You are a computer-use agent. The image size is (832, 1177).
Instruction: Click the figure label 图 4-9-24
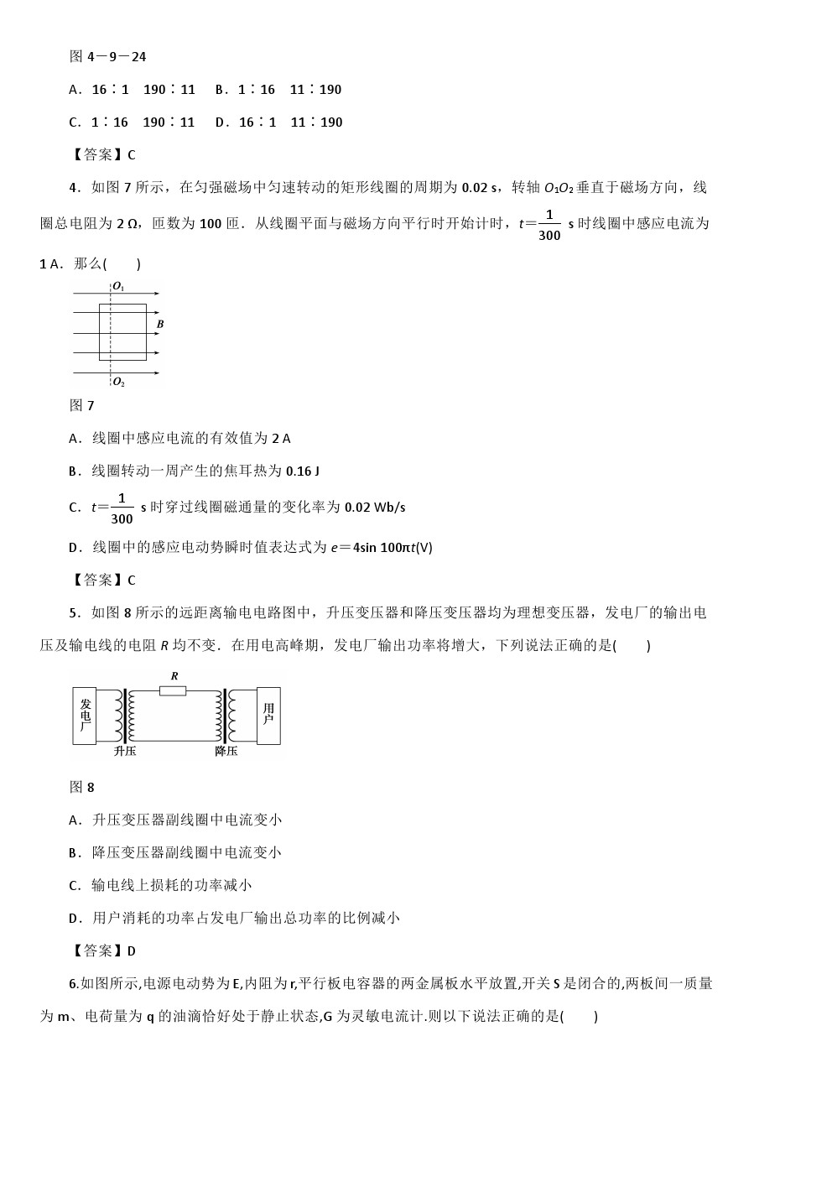click(108, 57)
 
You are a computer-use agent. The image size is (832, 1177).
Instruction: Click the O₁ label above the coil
click(118, 287)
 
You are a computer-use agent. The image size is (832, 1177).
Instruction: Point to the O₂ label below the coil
click(118, 383)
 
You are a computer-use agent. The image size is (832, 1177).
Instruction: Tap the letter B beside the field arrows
click(159, 324)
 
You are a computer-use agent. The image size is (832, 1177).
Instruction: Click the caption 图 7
click(81, 406)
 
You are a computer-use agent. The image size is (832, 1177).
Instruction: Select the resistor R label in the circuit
click(174, 676)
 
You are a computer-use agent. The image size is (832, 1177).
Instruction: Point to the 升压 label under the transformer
click(125, 751)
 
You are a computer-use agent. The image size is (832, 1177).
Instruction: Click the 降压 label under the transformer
click(226, 751)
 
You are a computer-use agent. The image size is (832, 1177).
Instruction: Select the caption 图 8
click(81, 788)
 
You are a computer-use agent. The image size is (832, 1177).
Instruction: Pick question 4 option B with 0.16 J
click(194, 471)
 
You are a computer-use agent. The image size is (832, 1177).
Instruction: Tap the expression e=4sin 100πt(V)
click(382, 548)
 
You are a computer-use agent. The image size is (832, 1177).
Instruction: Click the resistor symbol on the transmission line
click(173, 690)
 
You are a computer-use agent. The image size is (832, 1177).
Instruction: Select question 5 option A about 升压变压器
click(175, 820)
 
